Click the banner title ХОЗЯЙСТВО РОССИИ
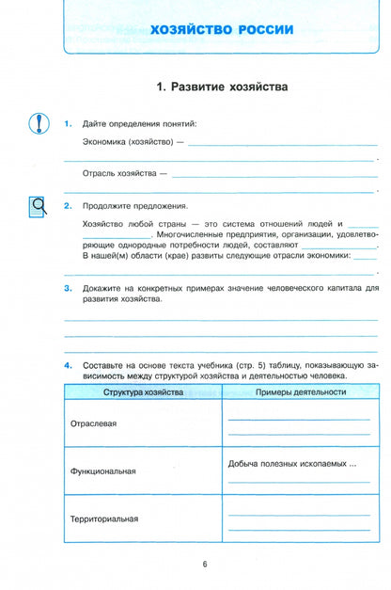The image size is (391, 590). [x=222, y=30]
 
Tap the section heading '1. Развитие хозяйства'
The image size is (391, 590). [x=222, y=87]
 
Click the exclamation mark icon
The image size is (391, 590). [x=38, y=124]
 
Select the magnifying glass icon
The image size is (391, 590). [x=38, y=205]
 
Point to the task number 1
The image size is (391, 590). [x=68, y=124]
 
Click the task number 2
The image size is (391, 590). [x=68, y=205]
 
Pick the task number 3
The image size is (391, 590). [x=68, y=288]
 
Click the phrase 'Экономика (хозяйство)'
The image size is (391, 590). [x=127, y=143]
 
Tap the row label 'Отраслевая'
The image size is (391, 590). [x=93, y=423]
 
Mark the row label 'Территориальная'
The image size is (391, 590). [x=103, y=519]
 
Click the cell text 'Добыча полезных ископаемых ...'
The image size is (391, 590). [x=292, y=464]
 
